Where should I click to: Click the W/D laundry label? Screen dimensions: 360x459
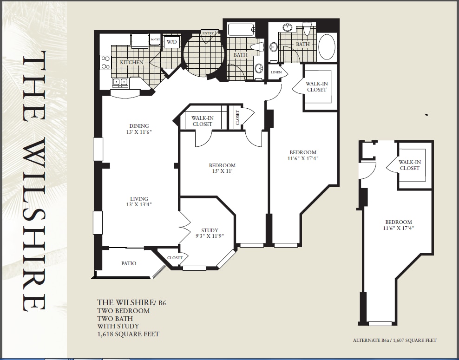coord(172,42)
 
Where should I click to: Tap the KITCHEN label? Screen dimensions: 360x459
coord(132,62)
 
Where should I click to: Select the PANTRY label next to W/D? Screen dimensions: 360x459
coord(155,40)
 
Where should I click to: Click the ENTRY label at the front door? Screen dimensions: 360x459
coord(207,33)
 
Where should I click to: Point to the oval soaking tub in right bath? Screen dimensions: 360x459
coord(327,46)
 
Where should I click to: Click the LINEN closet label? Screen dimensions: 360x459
coord(276,72)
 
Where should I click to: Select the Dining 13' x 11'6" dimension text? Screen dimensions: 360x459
coord(139,129)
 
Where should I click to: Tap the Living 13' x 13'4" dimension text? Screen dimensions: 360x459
coord(139,202)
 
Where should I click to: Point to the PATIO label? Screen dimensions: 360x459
coord(129,263)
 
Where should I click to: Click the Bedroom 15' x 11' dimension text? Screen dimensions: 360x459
coord(222,168)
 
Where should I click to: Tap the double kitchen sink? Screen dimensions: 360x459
coord(119,83)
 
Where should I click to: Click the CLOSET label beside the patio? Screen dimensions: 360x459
coord(175,257)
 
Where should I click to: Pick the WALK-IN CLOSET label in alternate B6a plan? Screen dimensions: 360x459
coord(409,165)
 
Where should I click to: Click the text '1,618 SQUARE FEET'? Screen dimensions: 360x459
coord(128,334)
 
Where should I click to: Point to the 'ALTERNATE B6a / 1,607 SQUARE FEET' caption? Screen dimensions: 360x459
coord(394,340)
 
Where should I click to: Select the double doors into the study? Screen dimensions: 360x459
coord(184,227)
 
